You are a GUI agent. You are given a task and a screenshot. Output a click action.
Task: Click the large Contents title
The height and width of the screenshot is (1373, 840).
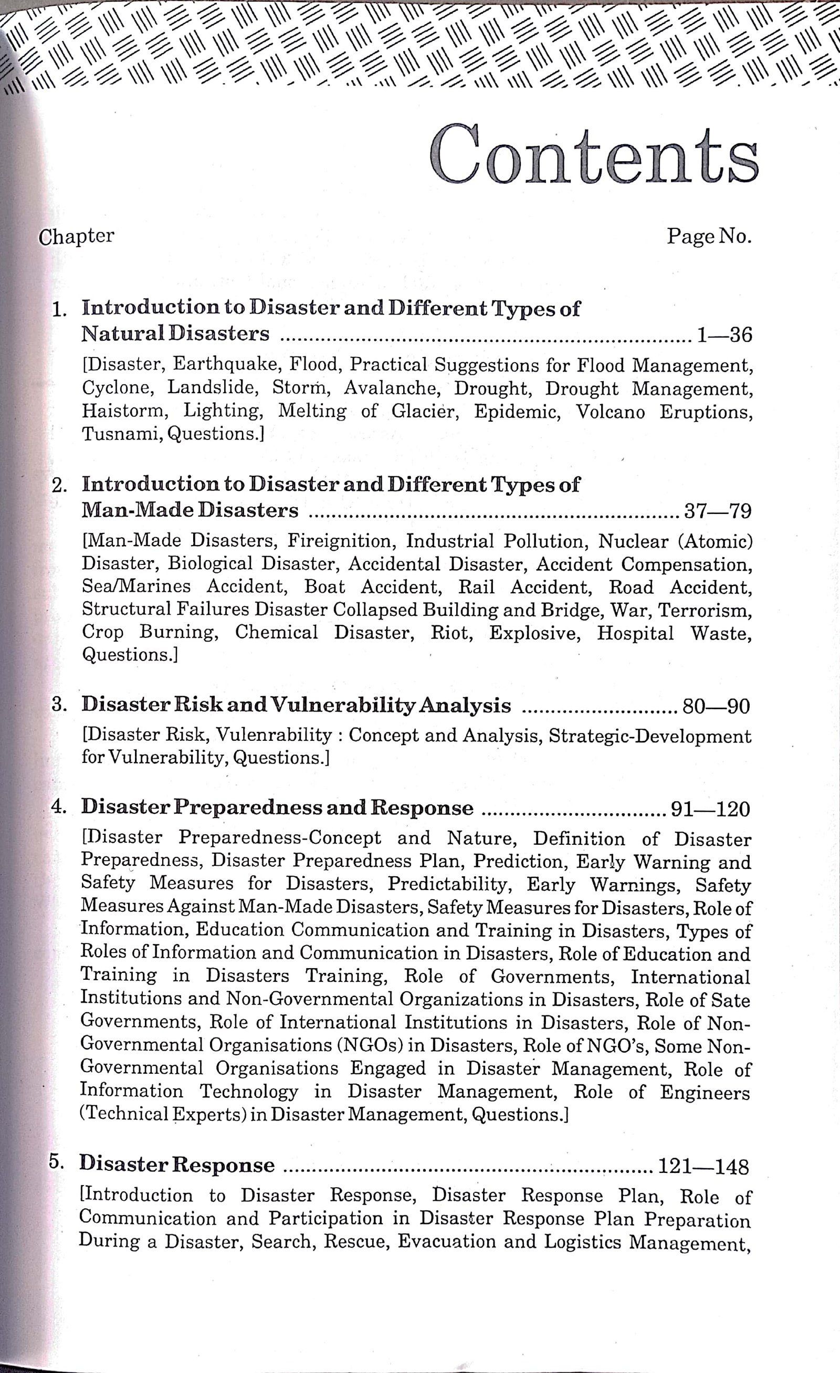[x=594, y=154]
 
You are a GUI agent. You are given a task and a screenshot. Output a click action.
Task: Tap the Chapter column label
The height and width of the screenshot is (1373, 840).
[x=76, y=237]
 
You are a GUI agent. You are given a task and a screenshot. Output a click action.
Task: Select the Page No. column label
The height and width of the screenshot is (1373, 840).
[x=709, y=236]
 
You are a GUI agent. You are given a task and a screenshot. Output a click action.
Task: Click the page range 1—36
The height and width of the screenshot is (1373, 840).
[x=724, y=335]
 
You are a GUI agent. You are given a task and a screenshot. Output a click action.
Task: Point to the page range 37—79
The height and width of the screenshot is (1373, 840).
[x=718, y=511]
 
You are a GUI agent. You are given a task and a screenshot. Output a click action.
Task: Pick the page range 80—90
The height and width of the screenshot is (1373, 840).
[x=716, y=707]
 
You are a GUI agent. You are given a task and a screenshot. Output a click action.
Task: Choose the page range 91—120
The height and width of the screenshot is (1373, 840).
[x=710, y=809]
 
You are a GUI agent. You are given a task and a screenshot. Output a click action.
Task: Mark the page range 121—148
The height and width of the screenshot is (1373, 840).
[x=703, y=1166]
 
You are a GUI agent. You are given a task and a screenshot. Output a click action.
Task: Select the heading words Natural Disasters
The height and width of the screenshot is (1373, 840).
[x=175, y=334]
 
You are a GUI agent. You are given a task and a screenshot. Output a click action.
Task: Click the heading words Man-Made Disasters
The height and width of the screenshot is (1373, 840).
[x=190, y=510]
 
